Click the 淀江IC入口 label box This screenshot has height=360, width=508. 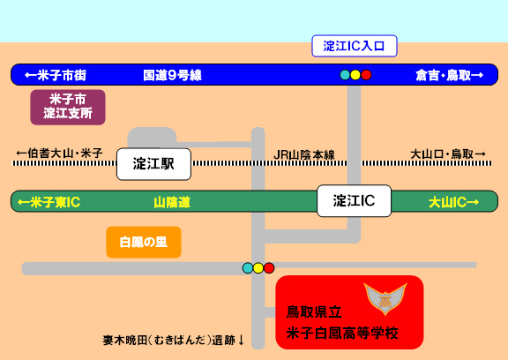355,46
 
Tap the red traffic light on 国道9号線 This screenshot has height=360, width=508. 366,75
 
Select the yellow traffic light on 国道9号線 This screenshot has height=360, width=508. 355,75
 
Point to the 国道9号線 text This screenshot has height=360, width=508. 172,75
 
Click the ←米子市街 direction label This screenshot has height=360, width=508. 56,75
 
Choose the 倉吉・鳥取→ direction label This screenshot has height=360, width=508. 450,75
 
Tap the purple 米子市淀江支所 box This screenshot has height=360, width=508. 68,108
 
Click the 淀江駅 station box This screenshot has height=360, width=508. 153,164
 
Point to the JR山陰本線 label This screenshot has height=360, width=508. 304,155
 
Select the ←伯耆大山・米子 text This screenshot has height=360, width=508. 60,153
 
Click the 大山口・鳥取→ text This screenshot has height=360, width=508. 448,154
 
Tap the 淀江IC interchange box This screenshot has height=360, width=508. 355,201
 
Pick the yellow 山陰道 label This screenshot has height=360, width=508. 172,203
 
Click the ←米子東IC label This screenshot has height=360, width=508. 49,202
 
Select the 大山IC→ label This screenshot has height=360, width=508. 453,203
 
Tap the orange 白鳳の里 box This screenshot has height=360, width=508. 144,242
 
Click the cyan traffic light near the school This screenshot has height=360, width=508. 248,268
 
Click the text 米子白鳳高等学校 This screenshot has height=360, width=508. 342,334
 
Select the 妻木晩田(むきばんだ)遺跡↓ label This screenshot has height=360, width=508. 174,341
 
